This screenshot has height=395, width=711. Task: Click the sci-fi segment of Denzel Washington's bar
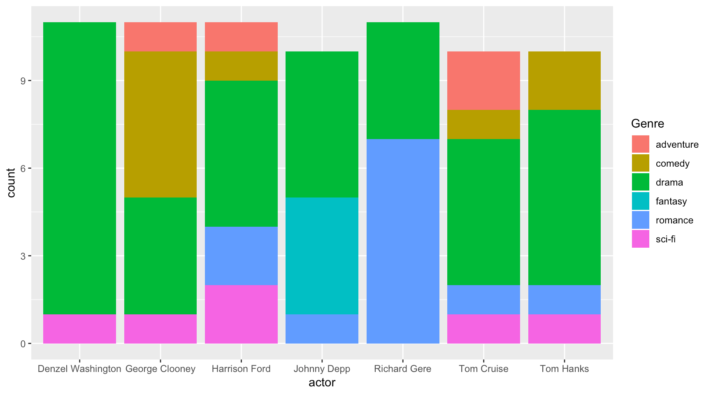point(79,329)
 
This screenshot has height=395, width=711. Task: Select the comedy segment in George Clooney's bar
point(160,124)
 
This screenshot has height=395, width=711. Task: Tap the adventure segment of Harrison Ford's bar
point(241,37)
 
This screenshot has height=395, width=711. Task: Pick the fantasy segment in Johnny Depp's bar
point(322,256)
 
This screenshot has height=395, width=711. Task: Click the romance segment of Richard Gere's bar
point(403,241)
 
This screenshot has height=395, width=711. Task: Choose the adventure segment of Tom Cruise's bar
point(483,81)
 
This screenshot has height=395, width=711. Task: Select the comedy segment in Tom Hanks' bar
point(565,81)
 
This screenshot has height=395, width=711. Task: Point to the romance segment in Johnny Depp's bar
point(322,329)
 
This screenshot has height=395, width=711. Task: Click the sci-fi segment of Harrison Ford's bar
point(241,314)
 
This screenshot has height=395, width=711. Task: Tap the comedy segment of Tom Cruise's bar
point(483,124)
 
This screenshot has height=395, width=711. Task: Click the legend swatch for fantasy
point(641,201)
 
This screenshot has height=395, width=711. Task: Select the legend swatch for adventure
point(641,144)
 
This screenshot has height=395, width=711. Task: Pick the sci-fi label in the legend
point(665,239)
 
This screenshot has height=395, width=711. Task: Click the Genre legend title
point(647,123)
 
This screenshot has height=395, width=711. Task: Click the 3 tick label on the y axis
point(23,256)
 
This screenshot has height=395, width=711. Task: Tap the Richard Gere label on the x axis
point(402,369)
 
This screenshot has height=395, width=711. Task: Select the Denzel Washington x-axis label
point(79,369)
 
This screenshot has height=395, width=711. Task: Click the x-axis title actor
point(322,383)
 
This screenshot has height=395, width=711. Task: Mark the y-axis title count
point(11,183)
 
